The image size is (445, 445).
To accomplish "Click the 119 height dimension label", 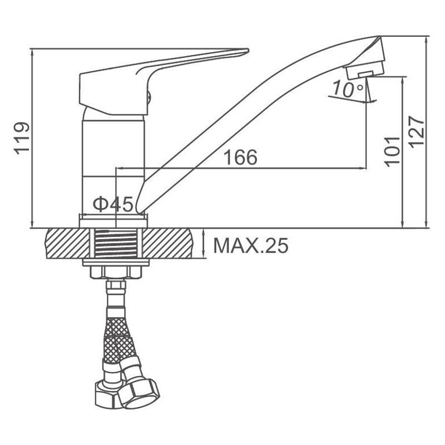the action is (22, 138).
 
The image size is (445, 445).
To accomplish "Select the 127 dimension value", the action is (417, 132).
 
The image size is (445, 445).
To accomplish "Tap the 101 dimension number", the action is (392, 151).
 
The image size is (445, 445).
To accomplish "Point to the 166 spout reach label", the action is (240, 157).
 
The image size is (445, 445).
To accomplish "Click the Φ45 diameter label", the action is (113, 204).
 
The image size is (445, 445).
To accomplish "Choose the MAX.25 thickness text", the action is (251, 245).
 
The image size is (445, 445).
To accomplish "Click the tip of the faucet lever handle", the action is (248, 51).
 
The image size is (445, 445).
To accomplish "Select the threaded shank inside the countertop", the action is (116, 244).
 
